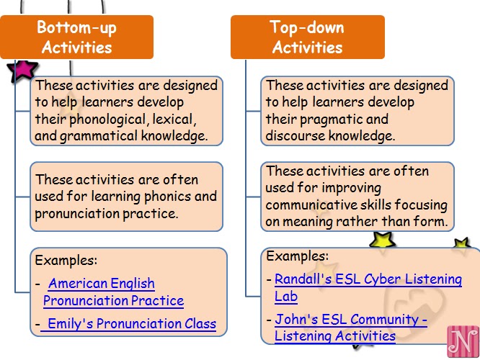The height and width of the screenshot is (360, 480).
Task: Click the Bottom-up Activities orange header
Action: [76, 37]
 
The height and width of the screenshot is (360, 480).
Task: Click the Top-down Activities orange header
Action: [307, 37]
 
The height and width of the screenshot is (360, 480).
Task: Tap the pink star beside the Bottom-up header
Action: [22, 71]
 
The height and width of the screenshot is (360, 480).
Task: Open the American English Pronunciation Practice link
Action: [113, 292]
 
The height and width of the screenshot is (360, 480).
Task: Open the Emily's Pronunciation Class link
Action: [128, 324]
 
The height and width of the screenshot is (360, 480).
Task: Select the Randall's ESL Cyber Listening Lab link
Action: [368, 287]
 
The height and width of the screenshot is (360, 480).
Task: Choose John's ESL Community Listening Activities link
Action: [351, 328]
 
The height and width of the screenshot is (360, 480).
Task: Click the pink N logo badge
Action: [463, 341]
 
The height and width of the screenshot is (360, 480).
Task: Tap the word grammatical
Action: [98, 136]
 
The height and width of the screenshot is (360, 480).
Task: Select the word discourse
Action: [295, 135]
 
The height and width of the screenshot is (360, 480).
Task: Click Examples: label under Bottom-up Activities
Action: [66, 261]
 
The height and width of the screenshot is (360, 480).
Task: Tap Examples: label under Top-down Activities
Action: [297, 256]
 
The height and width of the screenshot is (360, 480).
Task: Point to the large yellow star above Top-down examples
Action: [383, 240]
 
